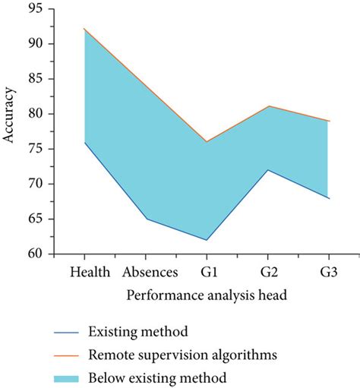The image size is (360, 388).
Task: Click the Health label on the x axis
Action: tap(90, 271)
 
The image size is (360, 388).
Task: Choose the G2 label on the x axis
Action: tap(267, 271)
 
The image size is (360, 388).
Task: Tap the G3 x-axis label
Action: tap(327, 271)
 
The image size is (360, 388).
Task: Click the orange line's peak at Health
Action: tap(85, 29)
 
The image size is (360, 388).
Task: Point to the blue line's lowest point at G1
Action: tap(206, 240)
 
